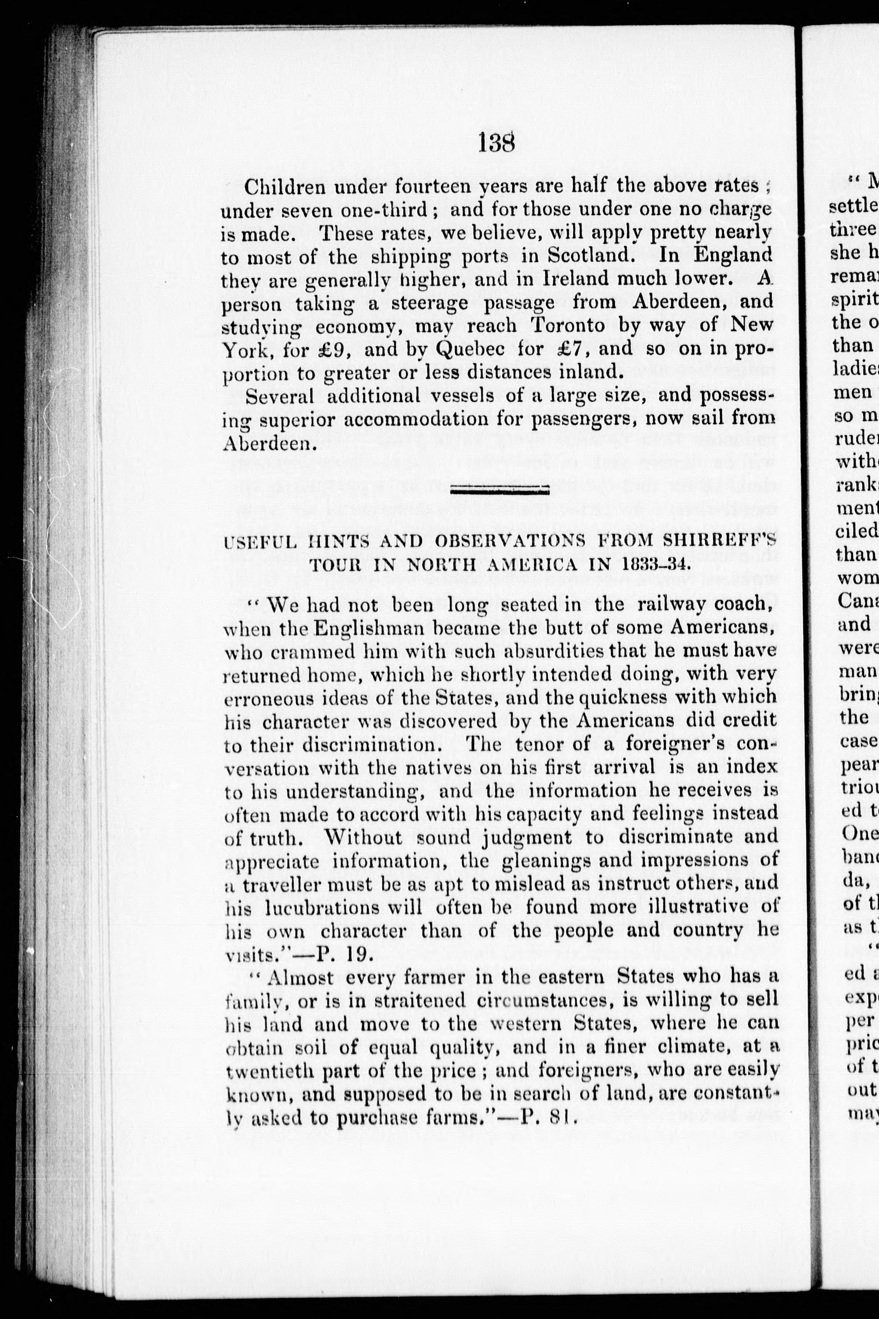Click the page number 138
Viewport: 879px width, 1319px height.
(x=497, y=144)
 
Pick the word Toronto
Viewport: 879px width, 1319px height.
(x=567, y=325)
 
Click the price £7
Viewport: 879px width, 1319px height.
(x=563, y=348)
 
